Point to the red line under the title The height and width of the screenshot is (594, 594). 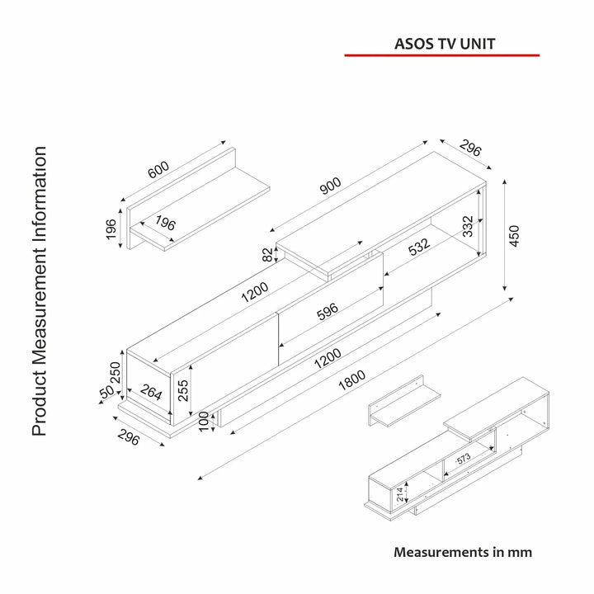tap(441, 55)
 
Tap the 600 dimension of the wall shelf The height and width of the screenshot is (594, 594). tap(158, 169)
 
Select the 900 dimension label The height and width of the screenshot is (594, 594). tap(330, 187)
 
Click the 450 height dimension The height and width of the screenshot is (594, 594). tap(516, 236)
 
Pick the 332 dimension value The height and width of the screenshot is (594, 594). tap(468, 228)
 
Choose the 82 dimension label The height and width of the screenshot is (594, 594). tap(267, 255)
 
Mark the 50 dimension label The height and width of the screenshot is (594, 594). tap(106, 392)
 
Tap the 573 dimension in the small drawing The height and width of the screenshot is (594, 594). tap(464, 458)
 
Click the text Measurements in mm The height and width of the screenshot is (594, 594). tap(462, 552)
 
